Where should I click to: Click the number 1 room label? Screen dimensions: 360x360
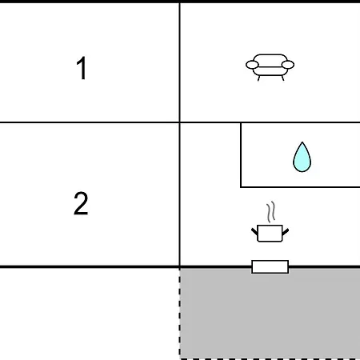tap(82, 68)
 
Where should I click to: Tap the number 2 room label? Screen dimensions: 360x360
tap(81, 203)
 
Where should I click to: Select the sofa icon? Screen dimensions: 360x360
tap(270, 67)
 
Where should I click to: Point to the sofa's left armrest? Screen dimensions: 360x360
tap(252, 65)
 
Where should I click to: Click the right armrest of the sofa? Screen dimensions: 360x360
tap(288, 65)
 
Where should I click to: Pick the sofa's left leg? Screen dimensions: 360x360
tap(258, 78)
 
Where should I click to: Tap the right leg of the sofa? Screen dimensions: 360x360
tap(282, 78)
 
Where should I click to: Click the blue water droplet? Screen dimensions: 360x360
tap(302, 157)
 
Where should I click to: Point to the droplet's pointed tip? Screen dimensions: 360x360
tap(302, 142)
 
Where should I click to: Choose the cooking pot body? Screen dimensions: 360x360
tap(270, 234)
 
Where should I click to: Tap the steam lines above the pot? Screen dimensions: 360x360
tap(270, 212)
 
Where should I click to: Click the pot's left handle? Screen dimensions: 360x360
tap(254, 231)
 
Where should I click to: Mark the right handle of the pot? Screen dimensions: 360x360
tap(286, 232)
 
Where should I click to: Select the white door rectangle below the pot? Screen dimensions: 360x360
tap(270, 266)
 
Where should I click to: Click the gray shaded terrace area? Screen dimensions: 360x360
tap(270, 314)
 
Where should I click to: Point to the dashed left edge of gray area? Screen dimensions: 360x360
tap(180, 314)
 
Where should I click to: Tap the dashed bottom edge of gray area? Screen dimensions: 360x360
tap(270, 359)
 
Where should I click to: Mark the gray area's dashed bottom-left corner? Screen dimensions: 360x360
tap(180, 359)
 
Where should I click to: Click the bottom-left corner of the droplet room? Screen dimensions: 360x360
tap(241, 187)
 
